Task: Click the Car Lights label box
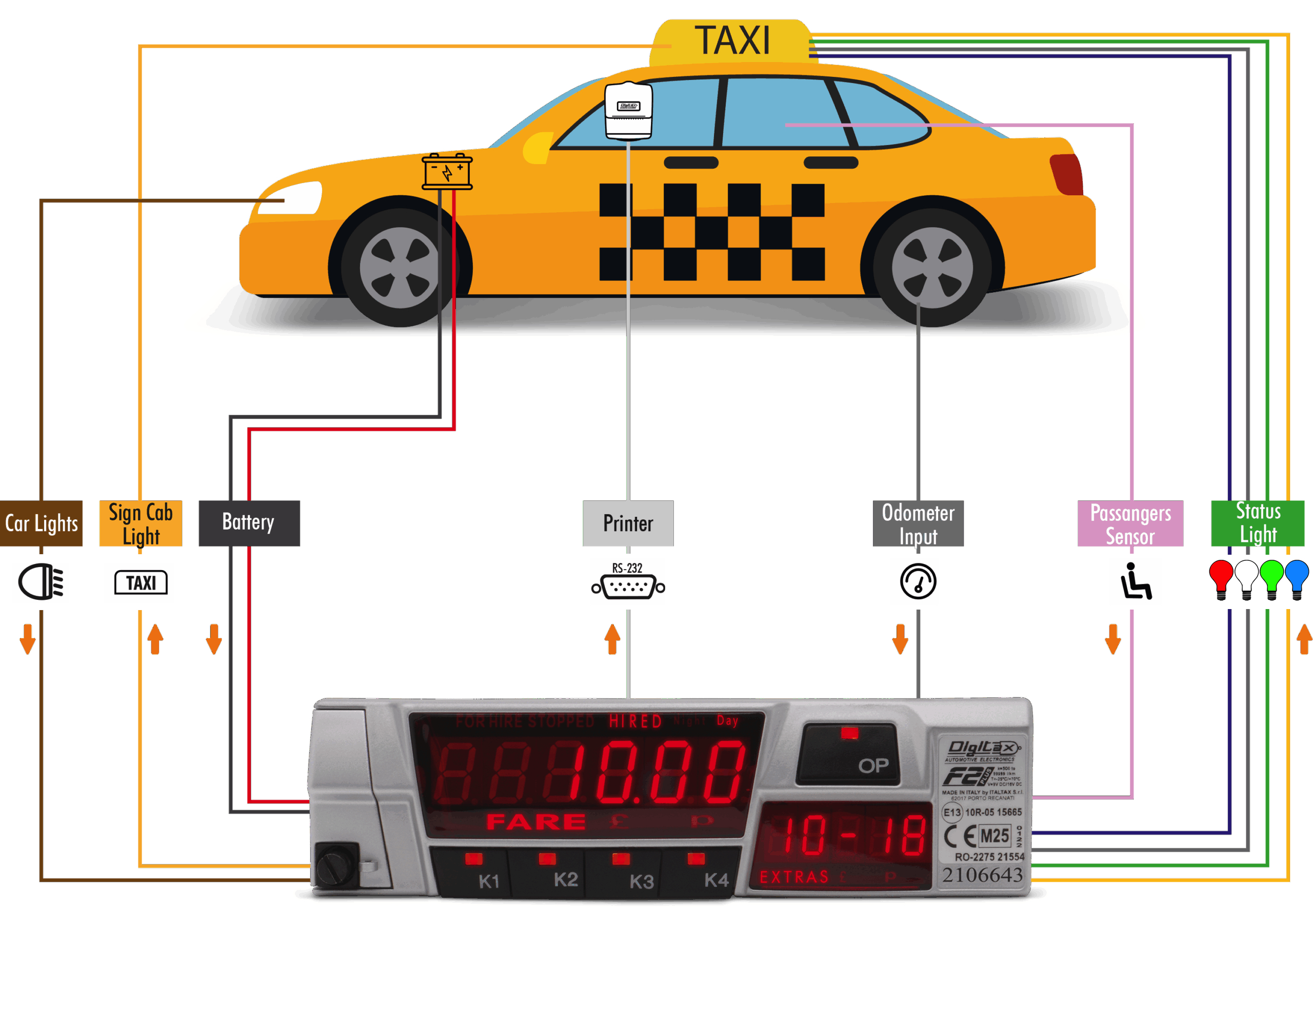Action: [41, 523]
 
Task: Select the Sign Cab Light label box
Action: [141, 523]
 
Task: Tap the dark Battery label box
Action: [249, 523]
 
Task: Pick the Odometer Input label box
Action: [918, 523]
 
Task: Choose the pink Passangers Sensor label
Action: [1129, 523]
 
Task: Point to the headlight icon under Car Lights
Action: [41, 581]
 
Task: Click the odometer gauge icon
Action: [918, 581]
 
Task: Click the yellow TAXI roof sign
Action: [731, 41]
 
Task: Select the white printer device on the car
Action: [628, 110]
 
